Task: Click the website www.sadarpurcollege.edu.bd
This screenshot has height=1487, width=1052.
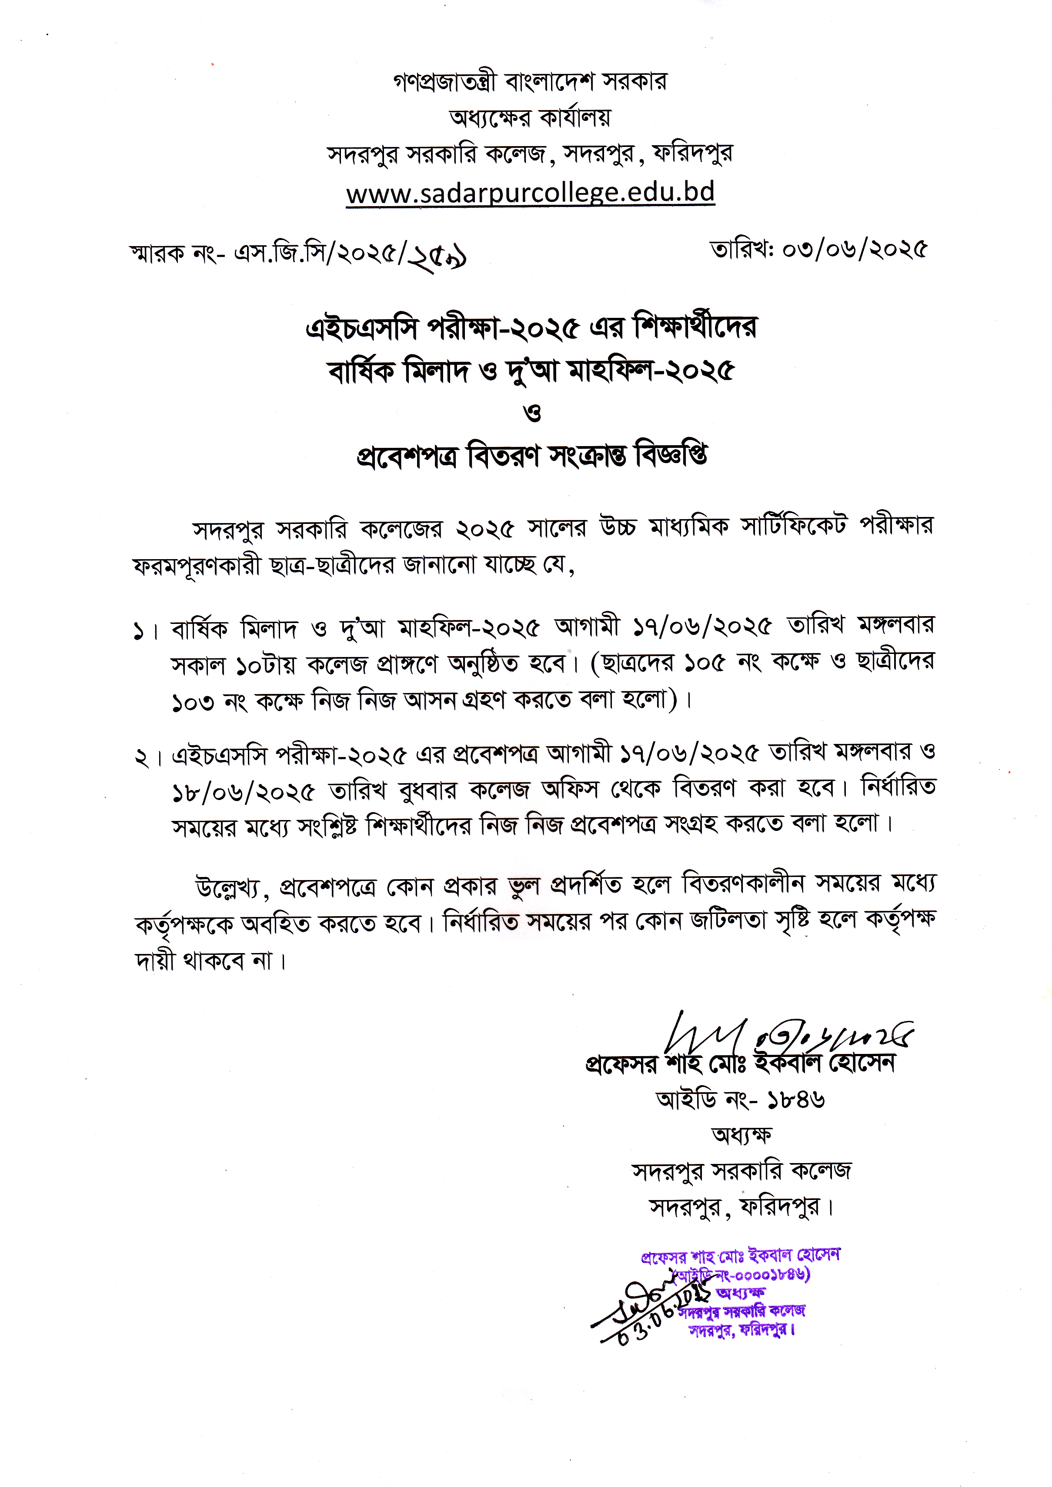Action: [x=530, y=193]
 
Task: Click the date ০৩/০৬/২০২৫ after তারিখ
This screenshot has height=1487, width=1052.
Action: [x=855, y=249]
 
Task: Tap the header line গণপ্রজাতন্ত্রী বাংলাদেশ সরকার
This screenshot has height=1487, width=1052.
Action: [x=530, y=82]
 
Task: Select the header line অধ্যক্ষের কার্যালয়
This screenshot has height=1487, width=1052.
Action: [x=530, y=118]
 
